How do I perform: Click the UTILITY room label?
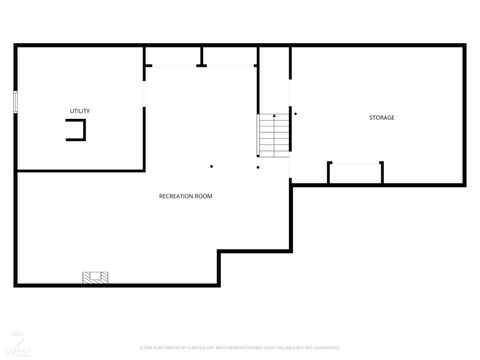(80, 110)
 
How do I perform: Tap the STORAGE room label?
(381, 118)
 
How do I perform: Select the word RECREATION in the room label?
(175, 196)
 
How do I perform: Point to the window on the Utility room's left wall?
(15, 103)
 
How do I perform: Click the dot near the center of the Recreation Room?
(211, 166)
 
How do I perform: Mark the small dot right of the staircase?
(294, 114)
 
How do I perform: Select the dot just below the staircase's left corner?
(257, 166)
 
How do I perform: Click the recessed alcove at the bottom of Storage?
(355, 172)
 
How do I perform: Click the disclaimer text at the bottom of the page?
(239, 347)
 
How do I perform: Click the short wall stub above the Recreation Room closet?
(201, 56)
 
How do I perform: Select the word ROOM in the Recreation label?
(204, 196)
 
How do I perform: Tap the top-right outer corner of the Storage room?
(465, 45)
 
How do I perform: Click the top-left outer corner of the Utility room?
(16, 45)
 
